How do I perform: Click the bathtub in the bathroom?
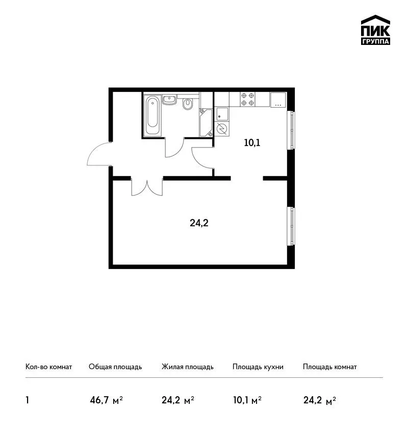[x=152, y=115]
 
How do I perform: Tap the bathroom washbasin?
[x=169, y=100]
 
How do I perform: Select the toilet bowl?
[x=188, y=104]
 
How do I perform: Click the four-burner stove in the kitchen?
[x=247, y=99]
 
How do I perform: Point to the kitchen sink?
[x=222, y=114]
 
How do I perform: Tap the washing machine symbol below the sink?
[x=222, y=129]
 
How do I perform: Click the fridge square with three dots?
[x=278, y=100]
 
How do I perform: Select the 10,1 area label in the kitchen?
[x=252, y=143]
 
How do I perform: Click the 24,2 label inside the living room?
[x=199, y=223]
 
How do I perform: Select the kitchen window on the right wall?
[x=291, y=130]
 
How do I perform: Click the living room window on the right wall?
[x=291, y=226]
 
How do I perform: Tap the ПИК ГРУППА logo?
[x=375, y=30]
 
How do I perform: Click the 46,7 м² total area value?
[x=106, y=400]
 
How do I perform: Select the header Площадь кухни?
[x=258, y=367]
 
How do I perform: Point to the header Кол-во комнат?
[x=48, y=367]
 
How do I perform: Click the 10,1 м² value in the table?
[x=247, y=400]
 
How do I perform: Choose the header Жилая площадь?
[x=187, y=367]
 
